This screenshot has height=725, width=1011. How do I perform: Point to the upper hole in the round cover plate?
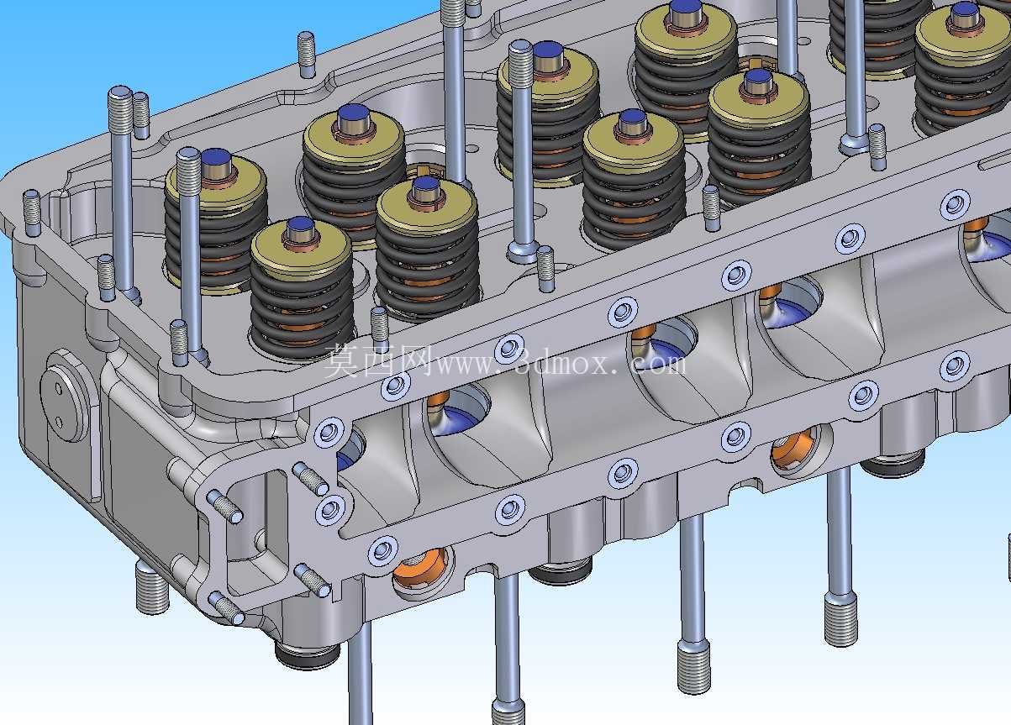point(59,387)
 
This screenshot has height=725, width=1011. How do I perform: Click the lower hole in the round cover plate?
point(59,422)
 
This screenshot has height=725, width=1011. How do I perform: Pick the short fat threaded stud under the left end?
point(151,588)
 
